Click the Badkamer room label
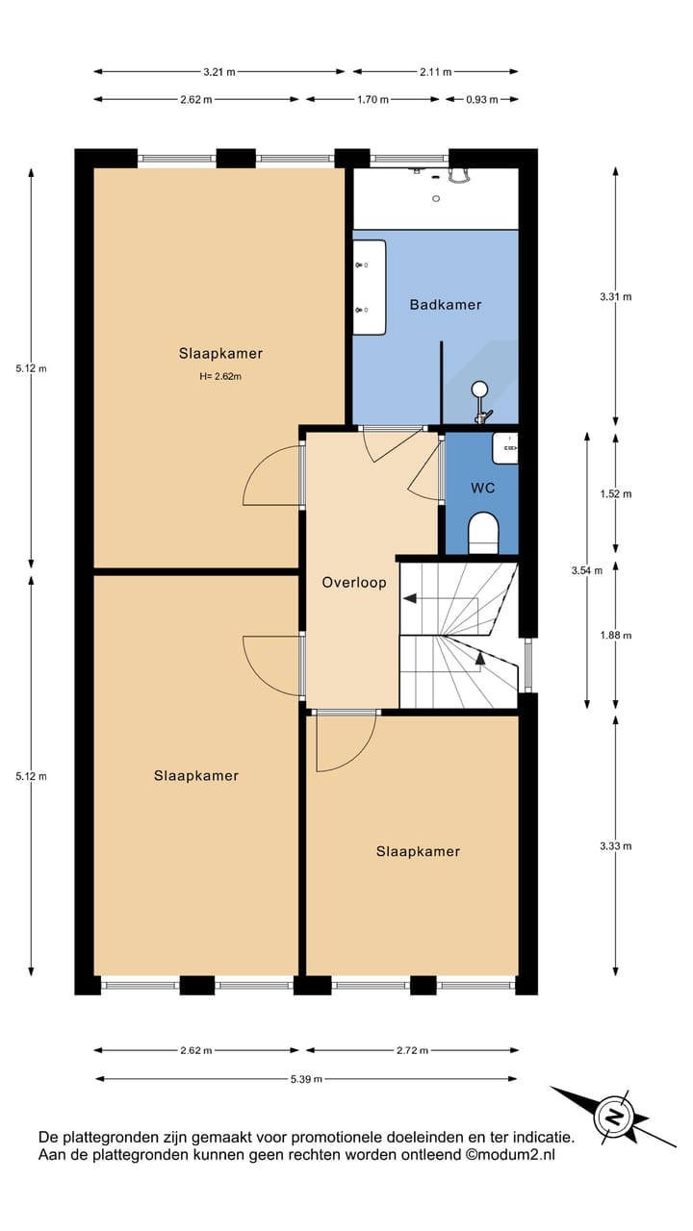click(x=445, y=305)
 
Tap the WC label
click(x=482, y=489)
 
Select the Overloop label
click(x=353, y=583)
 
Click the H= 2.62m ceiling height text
click(x=220, y=376)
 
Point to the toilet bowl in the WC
click(x=482, y=531)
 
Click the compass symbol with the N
click(x=612, y=1117)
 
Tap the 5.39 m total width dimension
click(x=306, y=1078)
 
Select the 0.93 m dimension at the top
click(x=481, y=99)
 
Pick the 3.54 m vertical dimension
click(x=586, y=570)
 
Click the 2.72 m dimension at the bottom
click(x=412, y=1051)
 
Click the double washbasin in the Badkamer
click(x=369, y=287)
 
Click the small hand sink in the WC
click(x=506, y=447)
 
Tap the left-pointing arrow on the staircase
click(x=411, y=598)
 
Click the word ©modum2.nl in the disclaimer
click(x=510, y=1155)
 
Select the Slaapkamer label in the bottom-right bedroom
click(x=418, y=851)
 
